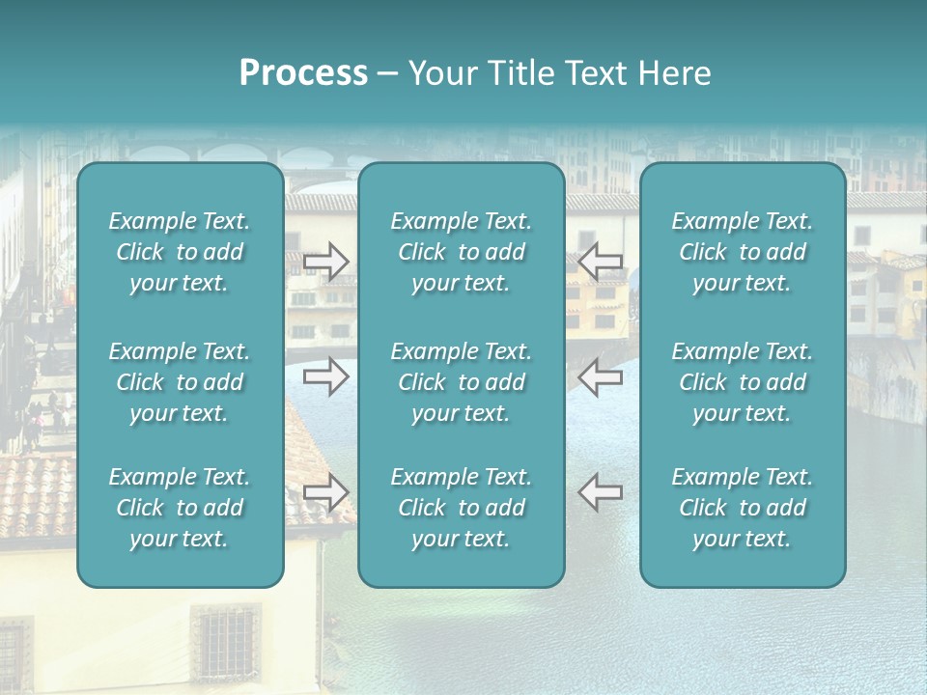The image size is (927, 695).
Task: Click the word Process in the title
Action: (303, 73)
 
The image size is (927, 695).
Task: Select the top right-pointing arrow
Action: (325, 261)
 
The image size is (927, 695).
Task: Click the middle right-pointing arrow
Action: (325, 376)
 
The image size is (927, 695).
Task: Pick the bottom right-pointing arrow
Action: (325, 492)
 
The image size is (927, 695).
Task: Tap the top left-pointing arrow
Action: (600, 261)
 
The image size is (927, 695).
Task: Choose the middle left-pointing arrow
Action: (600, 376)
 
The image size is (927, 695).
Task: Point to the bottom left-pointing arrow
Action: (600, 492)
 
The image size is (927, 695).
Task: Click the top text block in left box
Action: (180, 252)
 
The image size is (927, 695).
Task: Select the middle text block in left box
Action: (180, 382)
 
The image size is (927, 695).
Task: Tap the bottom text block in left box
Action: (180, 508)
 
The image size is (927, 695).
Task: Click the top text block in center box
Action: (461, 252)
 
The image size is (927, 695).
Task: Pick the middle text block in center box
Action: (461, 382)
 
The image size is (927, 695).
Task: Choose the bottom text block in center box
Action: (461, 508)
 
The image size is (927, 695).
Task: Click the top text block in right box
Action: (742, 252)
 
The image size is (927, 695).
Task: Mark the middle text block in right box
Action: (742, 382)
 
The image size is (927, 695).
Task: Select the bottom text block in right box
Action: (742, 508)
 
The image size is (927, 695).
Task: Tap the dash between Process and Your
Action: (387, 74)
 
